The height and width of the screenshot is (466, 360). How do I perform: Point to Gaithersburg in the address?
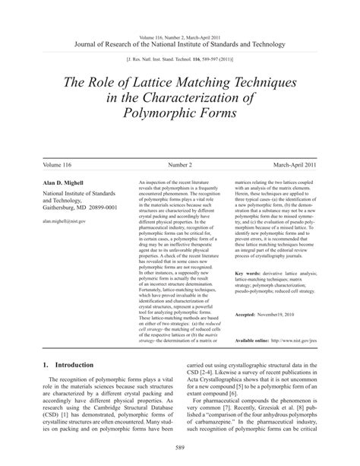[54, 207]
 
